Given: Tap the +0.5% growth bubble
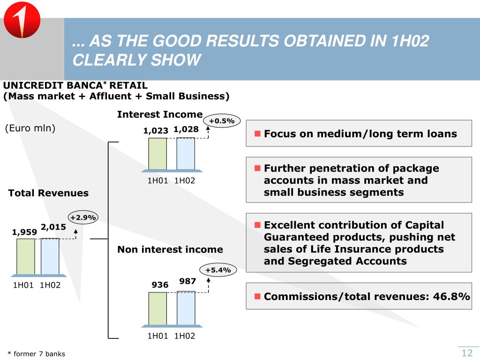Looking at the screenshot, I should coord(222,121).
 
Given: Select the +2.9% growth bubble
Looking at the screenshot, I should coord(83,217).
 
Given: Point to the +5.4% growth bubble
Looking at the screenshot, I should coord(218,270).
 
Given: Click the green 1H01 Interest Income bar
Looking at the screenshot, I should coord(157,153).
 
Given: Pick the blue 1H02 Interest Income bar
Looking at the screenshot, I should coord(186,153).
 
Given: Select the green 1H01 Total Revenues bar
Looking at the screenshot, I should coord(25,256).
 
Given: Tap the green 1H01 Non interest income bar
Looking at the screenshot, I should coord(157,308).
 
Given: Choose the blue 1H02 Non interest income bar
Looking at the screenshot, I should coord(186,308).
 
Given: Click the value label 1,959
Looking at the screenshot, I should coord(24,232).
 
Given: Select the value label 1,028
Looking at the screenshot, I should coord(186,129).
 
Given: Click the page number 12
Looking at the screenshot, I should coord(467,353).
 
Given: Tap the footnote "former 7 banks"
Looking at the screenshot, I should coord(39,354).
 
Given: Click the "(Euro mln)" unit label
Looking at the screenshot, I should coord(30,128).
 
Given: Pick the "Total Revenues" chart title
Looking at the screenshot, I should coord(48,193).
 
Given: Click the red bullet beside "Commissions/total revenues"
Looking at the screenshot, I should coord(257,296).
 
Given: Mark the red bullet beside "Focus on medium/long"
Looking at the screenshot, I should coord(257,134).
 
